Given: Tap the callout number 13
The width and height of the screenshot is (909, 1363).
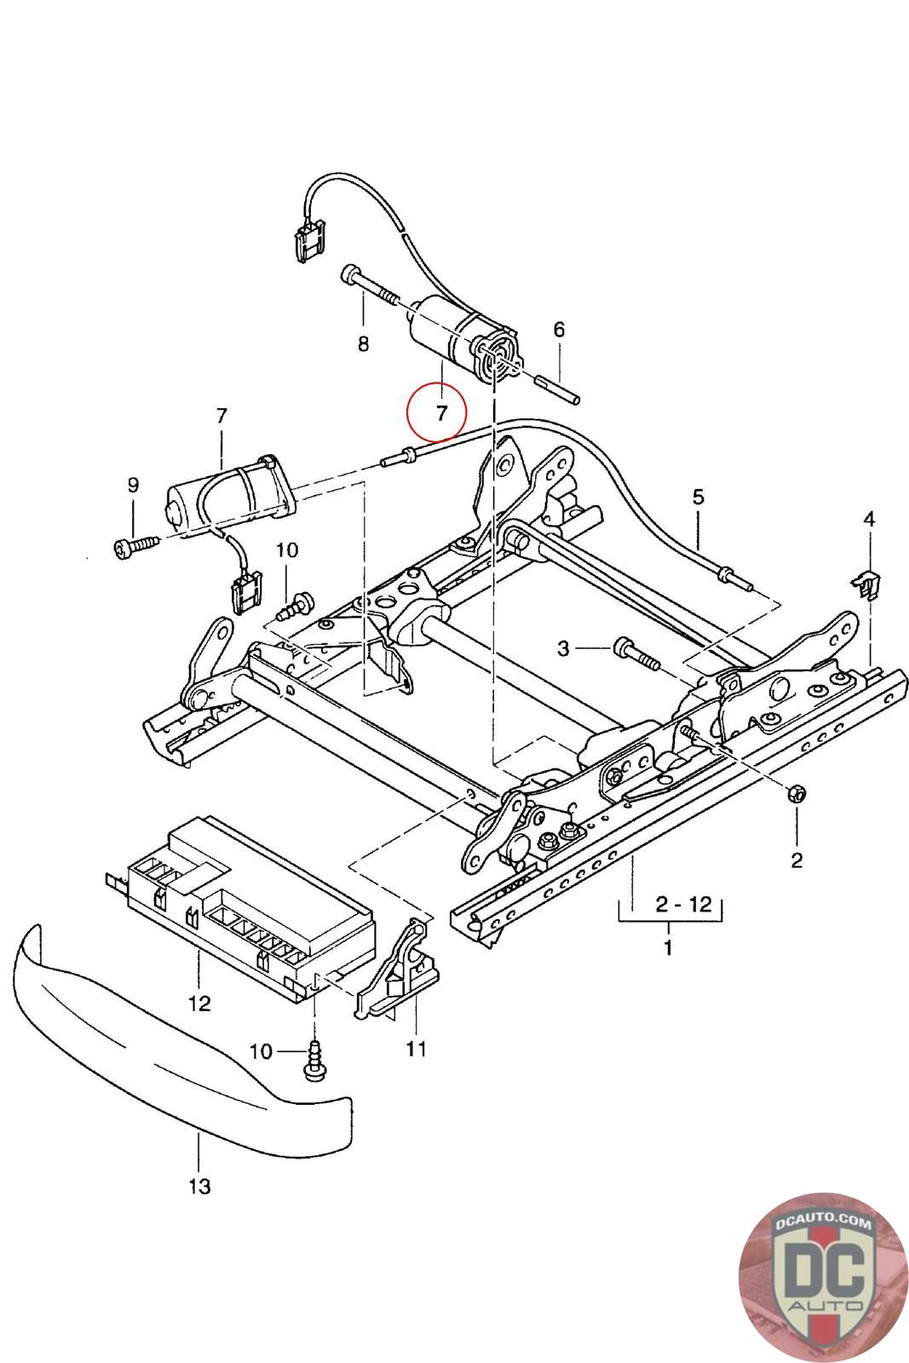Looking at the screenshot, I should (199, 1185).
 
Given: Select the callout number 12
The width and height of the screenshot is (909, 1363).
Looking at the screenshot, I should (199, 1004).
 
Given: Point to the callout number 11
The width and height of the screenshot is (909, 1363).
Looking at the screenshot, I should (416, 1049).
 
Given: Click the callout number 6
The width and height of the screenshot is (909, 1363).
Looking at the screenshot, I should (559, 330).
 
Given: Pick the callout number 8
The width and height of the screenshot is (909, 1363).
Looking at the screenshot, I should (363, 344).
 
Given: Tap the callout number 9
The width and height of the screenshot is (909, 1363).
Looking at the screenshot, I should (133, 486).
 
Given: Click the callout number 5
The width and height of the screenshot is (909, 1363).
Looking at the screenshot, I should (699, 496).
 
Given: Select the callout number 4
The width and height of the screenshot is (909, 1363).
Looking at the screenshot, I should (868, 518).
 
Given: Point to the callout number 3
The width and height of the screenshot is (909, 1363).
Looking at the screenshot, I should (563, 648).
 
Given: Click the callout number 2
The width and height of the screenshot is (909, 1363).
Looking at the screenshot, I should (797, 860).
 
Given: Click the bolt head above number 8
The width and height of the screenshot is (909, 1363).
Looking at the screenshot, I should (351, 274).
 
